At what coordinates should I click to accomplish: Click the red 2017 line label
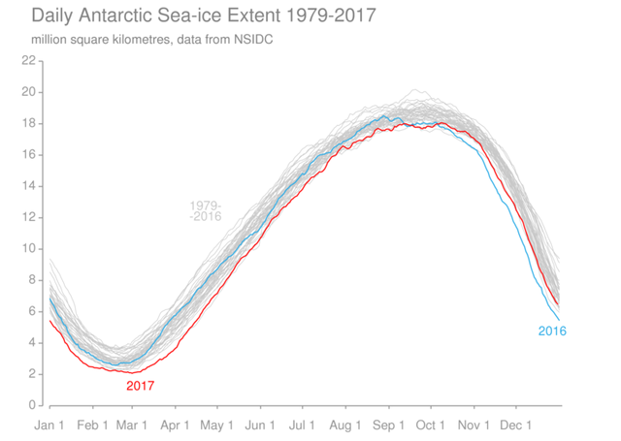(140, 386)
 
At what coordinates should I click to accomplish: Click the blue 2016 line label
(551, 331)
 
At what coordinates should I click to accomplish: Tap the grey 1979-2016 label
(206, 210)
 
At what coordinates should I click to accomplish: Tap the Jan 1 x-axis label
(49, 425)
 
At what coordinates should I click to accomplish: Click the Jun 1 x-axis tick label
(259, 425)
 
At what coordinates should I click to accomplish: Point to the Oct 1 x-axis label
(430, 425)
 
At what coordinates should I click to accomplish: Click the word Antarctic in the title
(116, 16)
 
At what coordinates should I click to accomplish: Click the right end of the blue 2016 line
(559, 320)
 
